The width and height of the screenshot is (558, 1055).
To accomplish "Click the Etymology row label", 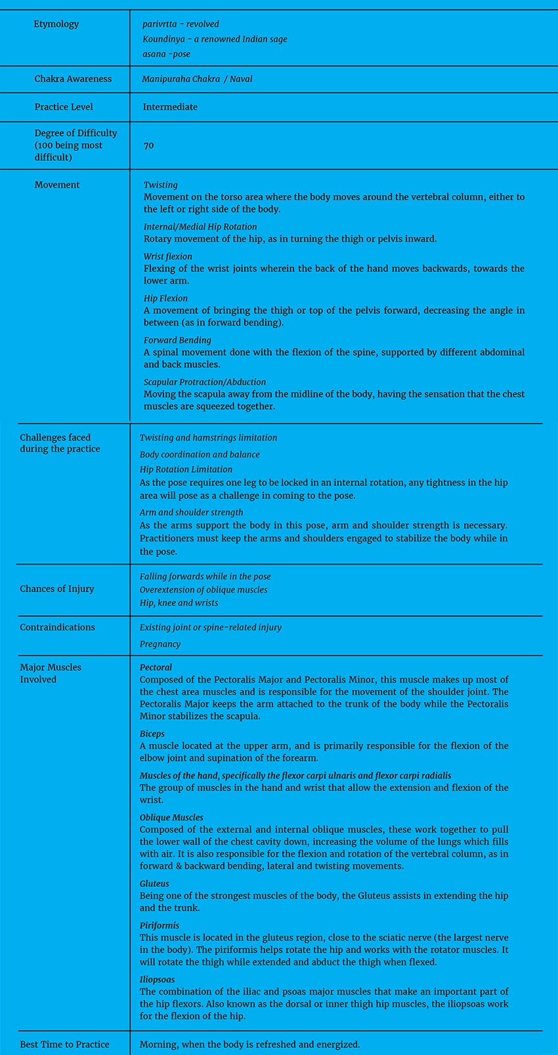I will pos(56,24).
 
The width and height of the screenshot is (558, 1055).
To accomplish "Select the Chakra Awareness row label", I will pos(73,79).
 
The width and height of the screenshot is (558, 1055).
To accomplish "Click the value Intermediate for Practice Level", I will pos(170,107).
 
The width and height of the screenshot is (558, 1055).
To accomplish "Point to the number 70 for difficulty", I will pos(148,145).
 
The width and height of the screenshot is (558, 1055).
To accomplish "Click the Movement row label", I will pos(57,185).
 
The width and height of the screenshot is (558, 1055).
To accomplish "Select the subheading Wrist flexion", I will pos(168,257).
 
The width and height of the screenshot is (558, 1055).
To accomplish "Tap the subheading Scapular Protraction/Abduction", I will pos(205,382).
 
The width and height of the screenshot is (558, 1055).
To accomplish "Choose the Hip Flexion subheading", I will pos(165,299).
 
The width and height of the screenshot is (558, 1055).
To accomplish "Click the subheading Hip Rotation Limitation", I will pos(186,469).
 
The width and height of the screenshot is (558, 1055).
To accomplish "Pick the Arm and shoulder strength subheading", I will pos(191,512).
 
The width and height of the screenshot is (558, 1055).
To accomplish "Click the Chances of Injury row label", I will pos(57,589).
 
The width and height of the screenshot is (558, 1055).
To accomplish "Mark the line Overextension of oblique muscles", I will pos(204,590).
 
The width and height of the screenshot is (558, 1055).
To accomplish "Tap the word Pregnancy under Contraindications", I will pos(160,644).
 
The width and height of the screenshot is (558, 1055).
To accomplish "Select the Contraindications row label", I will pos(57,628).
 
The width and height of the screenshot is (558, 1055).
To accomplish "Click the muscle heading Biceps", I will pos(152,734).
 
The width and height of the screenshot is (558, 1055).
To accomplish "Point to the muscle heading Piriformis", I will pos(160,926).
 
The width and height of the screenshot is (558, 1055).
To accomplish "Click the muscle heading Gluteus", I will pos(154,884).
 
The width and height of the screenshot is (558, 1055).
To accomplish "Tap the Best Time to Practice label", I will pos(64,1044).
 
